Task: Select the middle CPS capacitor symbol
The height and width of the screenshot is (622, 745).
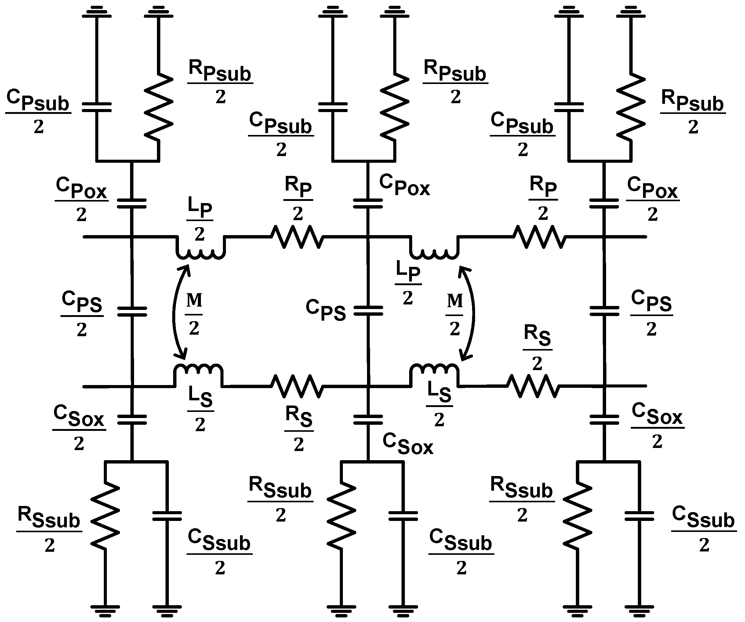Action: click(x=368, y=311)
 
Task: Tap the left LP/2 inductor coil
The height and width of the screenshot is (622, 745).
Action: click(x=200, y=250)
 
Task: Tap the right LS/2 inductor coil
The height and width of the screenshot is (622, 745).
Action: click(x=434, y=371)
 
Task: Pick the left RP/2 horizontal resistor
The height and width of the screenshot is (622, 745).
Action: click(x=297, y=237)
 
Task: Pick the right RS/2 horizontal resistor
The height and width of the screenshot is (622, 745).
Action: click(x=533, y=386)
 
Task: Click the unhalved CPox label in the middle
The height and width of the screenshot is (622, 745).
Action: click(x=405, y=186)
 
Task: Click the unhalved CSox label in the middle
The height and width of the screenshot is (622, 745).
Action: click(x=408, y=445)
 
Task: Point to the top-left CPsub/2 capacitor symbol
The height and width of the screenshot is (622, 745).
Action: click(x=96, y=107)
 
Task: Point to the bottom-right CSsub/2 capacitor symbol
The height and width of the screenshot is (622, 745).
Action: click(x=639, y=516)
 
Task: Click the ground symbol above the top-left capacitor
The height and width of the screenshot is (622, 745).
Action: click(x=96, y=13)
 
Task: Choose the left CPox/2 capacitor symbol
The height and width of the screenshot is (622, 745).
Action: click(x=132, y=203)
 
